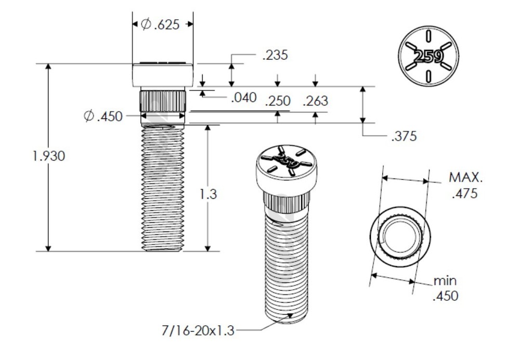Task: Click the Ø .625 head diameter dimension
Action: [x=161, y=24]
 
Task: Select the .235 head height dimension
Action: [x=275, y=56]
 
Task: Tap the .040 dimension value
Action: [x=243, y=97]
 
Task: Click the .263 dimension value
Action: [x=315, y=101]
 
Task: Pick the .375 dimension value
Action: [x=403, y=136]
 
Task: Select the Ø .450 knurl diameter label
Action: [x=103, y=116]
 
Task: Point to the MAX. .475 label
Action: [x=465, y=186]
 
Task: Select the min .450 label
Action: [x=445, y=289]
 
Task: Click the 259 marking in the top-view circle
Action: [x=428, y=57]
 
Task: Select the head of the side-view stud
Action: [x=163, y=74]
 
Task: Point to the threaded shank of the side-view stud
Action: [x=163, y=187]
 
